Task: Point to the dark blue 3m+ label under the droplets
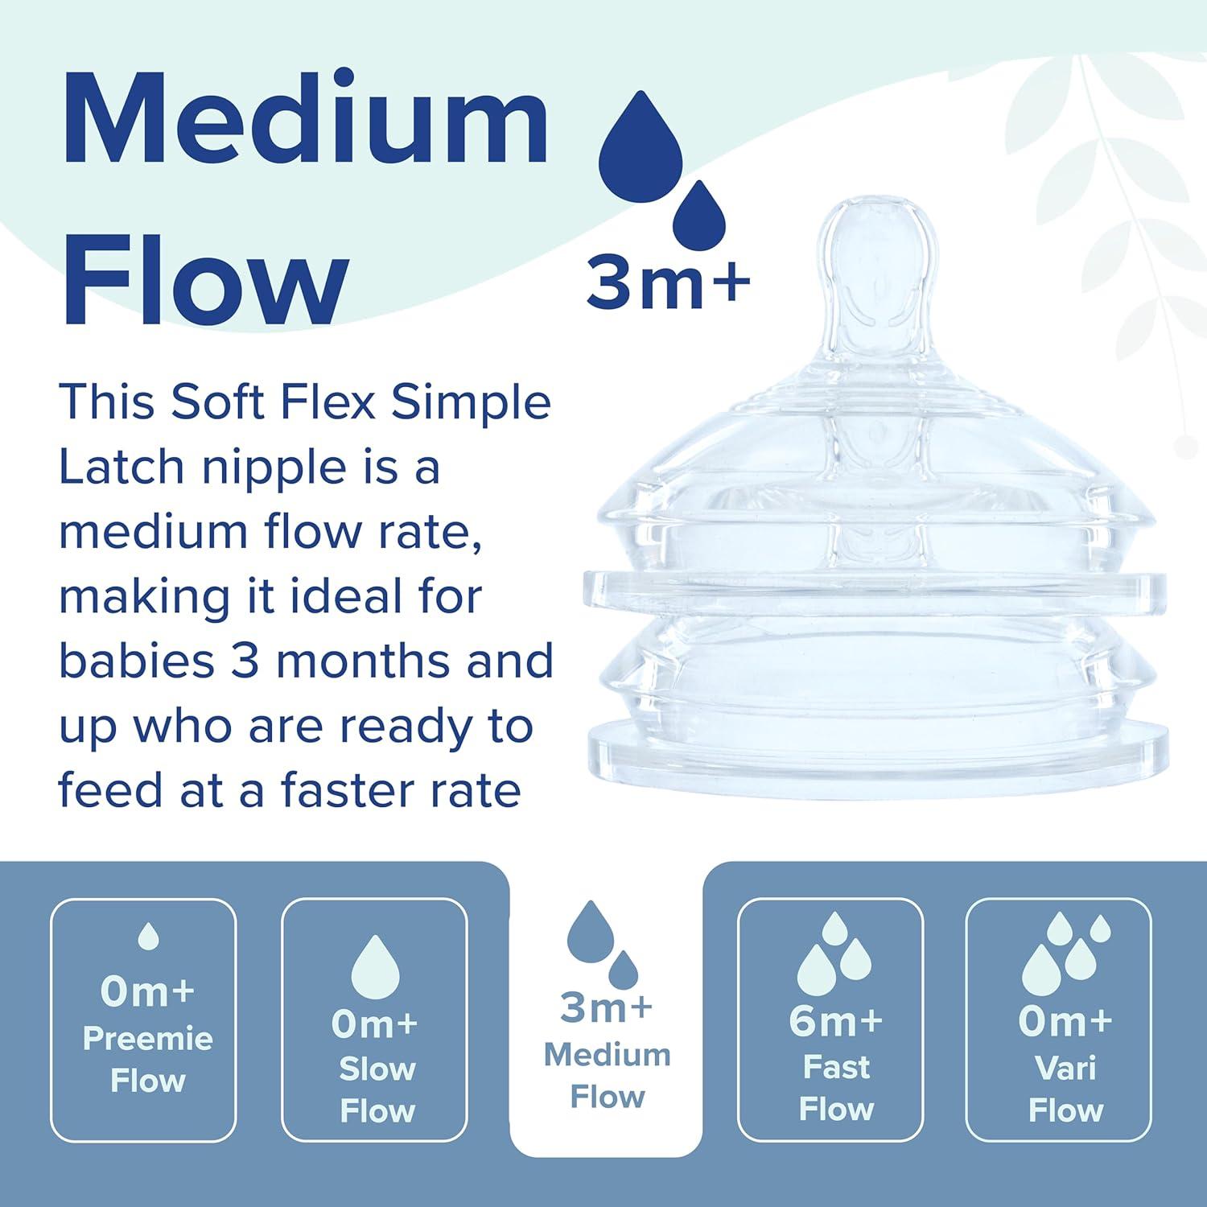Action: point(668,282)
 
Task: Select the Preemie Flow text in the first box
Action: point(148,1060)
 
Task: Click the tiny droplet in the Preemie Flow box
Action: point(148,936)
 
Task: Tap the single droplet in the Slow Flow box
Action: point(375,966)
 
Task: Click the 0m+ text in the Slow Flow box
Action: point(375,1024)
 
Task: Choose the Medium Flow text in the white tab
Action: point(608,1076)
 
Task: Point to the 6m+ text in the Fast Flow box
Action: point(836,1021)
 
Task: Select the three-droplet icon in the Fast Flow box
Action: point(836,954)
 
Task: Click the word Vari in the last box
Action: point(1065,1069)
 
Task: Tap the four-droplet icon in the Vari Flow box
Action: point(1066,954)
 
